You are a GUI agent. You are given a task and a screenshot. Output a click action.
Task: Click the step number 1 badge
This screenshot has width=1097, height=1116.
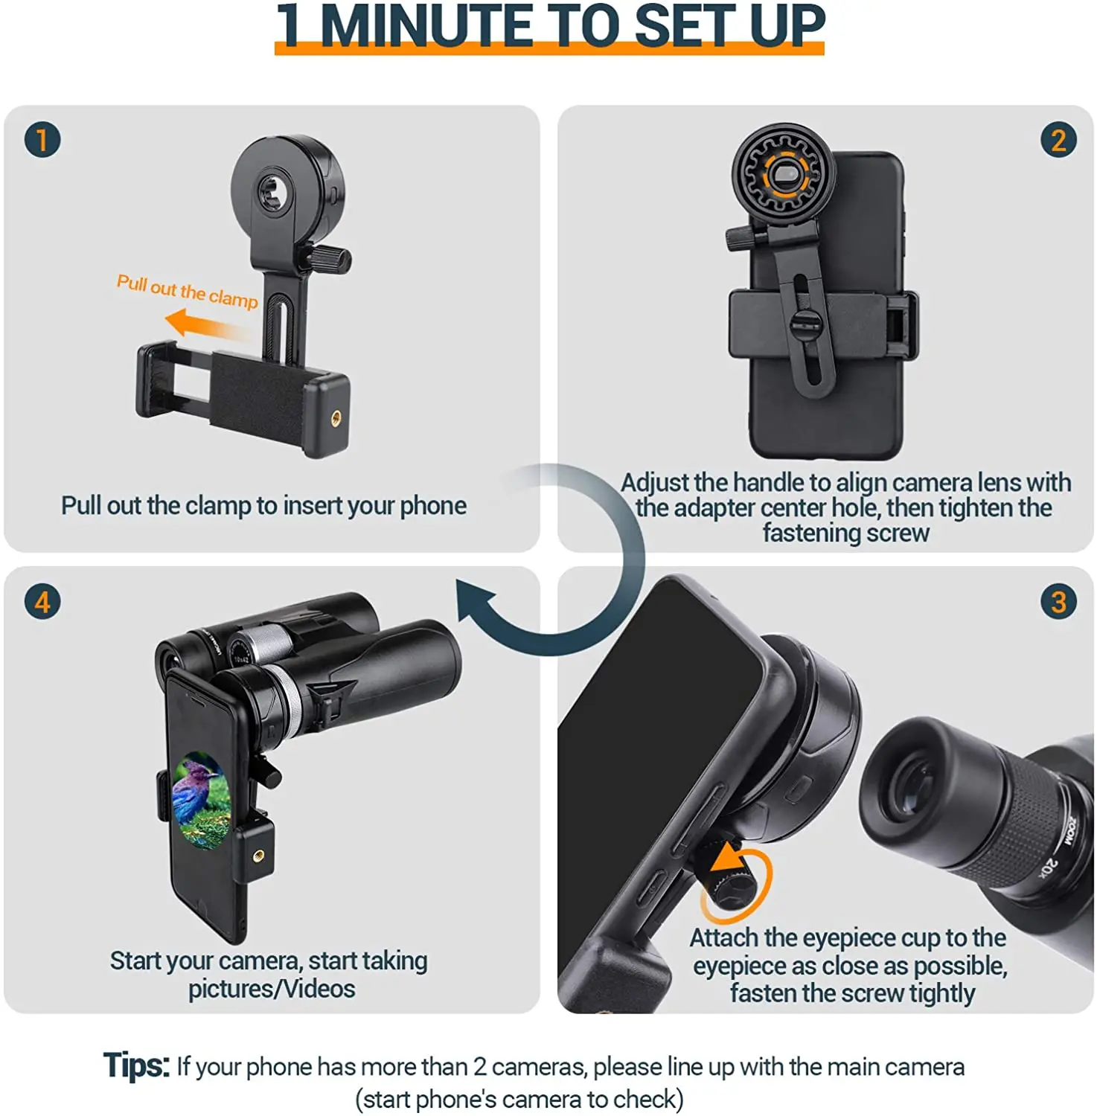tap(42, 140)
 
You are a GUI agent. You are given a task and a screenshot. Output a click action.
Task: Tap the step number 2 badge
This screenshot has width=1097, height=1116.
tap(1058, 140)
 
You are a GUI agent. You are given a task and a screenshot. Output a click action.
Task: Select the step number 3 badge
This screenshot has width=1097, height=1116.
tap(1058, 601)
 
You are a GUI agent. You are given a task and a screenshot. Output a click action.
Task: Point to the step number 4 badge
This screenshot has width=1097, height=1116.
tap(42, 601)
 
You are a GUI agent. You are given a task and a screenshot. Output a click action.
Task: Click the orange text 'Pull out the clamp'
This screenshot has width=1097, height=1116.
tap(187, 290)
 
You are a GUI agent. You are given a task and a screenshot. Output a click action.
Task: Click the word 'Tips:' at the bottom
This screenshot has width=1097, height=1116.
tap(136, 1065)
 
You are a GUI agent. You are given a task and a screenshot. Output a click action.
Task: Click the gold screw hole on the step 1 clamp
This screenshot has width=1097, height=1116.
tap(335, 418)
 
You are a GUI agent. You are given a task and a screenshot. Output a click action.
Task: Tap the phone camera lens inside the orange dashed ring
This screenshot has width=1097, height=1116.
tap(783, 176)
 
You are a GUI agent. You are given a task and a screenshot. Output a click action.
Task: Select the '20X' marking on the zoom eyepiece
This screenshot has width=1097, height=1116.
tap(1048, 868)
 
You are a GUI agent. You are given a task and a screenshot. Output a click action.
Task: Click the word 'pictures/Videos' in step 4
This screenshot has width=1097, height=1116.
tap(271, 989)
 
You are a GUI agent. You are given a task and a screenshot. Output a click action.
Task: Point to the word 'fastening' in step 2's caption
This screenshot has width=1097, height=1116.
tap(804, 533)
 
